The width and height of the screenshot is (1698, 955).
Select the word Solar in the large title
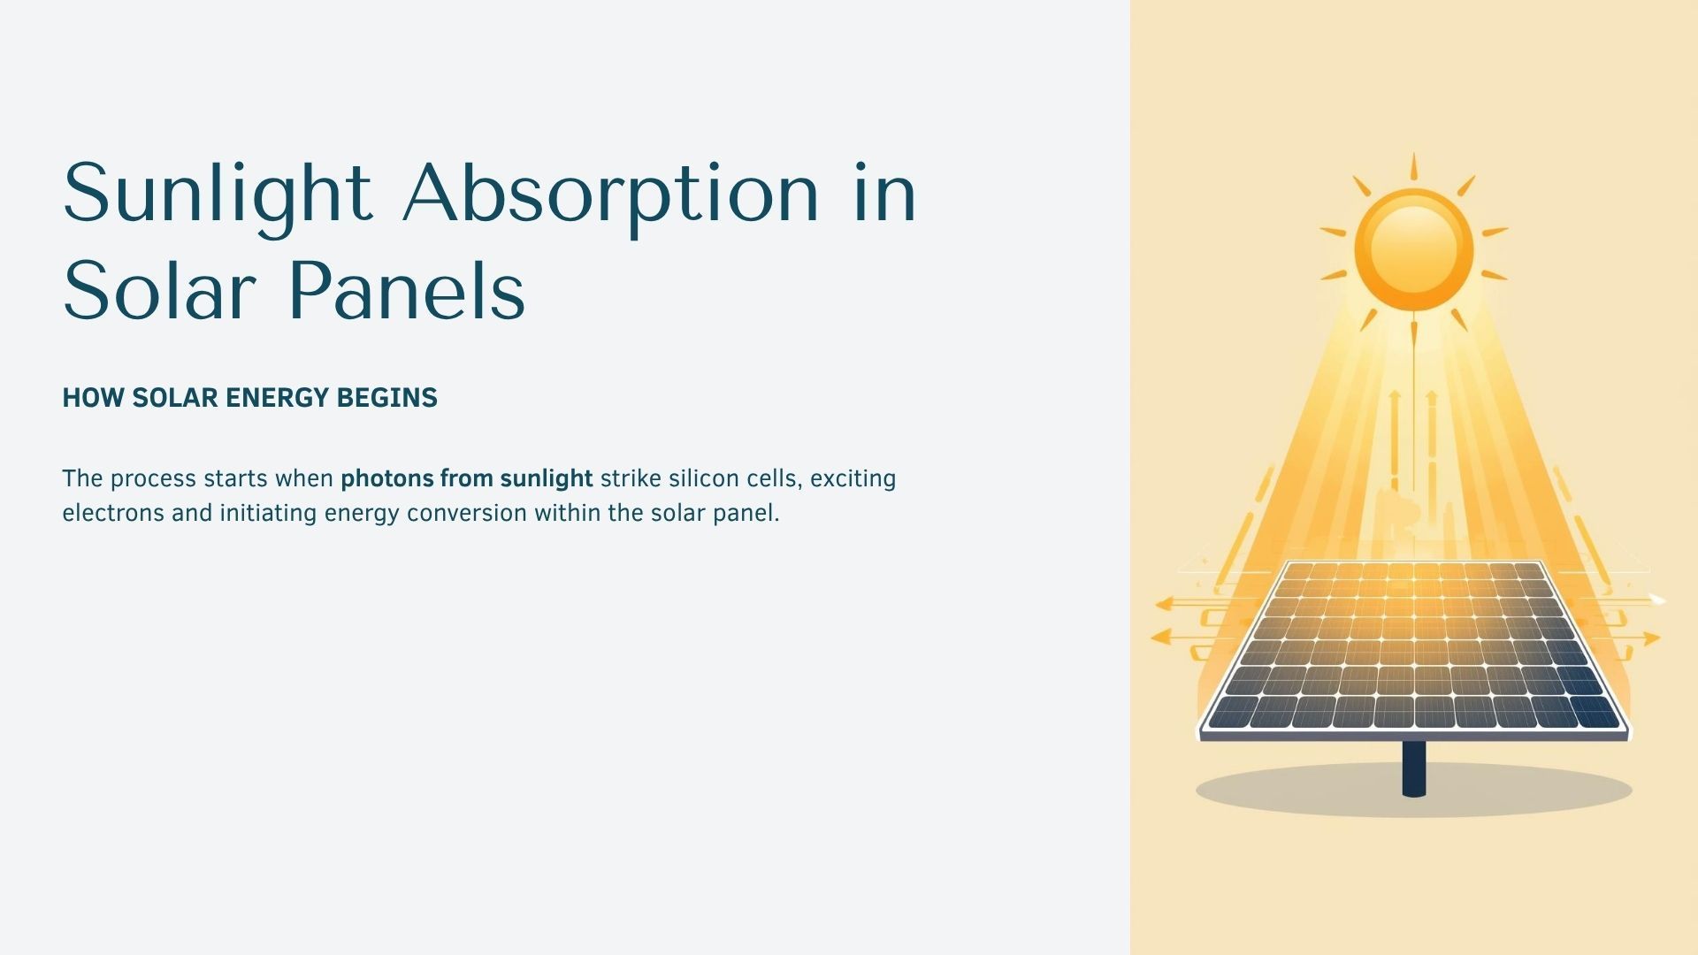159,291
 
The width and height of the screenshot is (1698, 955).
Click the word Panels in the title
407,291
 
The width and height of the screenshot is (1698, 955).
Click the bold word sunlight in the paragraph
546,479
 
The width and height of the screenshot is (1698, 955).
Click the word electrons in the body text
112,513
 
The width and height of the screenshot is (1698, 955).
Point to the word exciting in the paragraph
853,479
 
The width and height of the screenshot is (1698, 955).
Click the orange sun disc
1413,249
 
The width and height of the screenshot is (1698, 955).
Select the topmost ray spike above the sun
1413,166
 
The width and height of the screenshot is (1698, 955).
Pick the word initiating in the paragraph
268,513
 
